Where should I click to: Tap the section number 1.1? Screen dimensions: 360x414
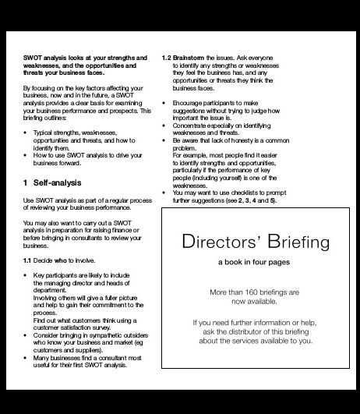29,260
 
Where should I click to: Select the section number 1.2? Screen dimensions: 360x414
167,58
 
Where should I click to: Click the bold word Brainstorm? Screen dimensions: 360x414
191,58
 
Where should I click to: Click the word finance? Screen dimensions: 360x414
123,229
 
